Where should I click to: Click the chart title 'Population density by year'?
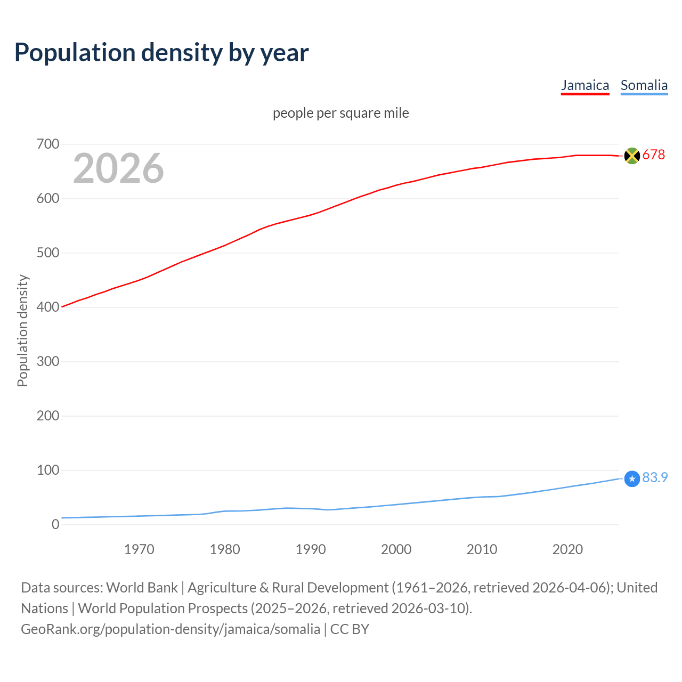coord(161,53)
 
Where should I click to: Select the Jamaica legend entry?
coord(584,85)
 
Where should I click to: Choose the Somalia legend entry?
coord(644,85)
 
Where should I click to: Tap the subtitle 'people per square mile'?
coord(340,113)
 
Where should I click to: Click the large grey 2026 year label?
coord(118,168)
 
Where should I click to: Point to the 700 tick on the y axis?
coord(48,144)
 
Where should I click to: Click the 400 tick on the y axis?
coord(48,307)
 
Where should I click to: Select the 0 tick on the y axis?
coord(55,525)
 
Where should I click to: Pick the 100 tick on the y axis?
coord(48,470)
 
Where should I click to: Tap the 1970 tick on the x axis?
coord(139,549)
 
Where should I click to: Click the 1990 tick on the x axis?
coord(311,549)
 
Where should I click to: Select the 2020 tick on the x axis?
coord(567,549)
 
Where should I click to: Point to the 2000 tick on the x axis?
coord(396,549)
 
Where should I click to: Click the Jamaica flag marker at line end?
coord(632,156)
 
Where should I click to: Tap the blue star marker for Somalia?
coord(632,479)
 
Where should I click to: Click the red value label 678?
coord(654,155)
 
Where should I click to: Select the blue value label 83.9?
coord(655,478)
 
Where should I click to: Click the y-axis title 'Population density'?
coord(22,330)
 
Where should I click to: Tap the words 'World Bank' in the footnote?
coord(142,588)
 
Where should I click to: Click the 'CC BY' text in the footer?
coord(350,629)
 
